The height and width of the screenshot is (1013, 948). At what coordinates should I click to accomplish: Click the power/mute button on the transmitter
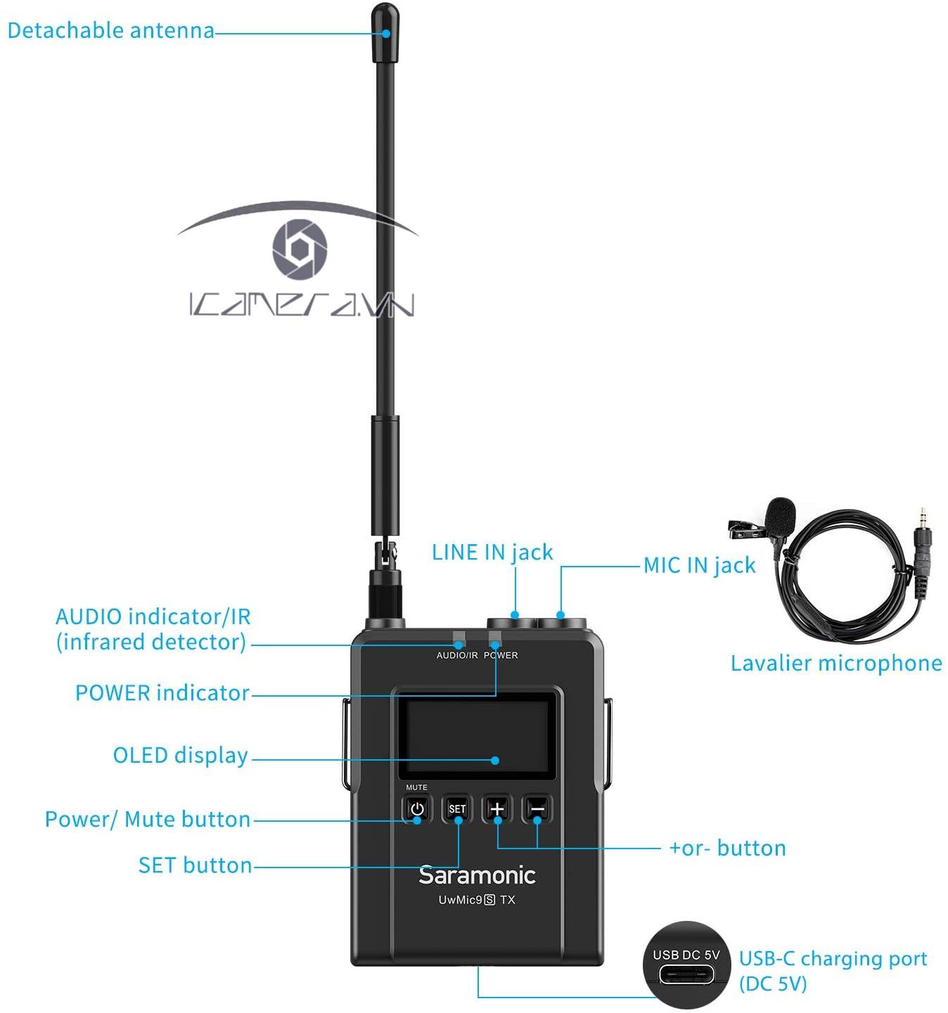[x=417, y=808]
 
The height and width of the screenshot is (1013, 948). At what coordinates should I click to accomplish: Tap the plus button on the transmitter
[x=497, y=808]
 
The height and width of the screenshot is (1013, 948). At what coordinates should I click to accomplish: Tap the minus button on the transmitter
[x=537, y=808]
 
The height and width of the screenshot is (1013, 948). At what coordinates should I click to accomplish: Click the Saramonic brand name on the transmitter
[x=477, y=875]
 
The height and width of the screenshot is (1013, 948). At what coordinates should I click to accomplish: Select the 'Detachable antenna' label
[x=110, y=30]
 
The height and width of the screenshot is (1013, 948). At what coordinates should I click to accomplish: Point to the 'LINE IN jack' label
[x=492, y=553]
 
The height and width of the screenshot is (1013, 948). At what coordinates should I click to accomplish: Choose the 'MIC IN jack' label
[x=700, y=565]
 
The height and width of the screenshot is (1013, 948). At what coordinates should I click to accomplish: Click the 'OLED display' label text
[x=180, y=756]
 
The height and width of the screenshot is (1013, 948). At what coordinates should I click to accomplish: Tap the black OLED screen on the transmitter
[x=478, y=738]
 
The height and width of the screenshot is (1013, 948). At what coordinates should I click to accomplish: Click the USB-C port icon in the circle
[x=686, y=975]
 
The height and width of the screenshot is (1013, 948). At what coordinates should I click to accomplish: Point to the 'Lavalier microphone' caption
[x=836, y=663]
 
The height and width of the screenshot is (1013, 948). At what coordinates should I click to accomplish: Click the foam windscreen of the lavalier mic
[x=781, y=514]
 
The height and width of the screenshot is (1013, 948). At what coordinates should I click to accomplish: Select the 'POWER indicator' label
[x=162, y=693]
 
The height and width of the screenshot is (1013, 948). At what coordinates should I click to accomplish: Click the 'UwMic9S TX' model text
[x=477, y=900]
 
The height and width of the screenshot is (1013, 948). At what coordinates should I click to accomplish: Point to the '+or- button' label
[x=727, y=849]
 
